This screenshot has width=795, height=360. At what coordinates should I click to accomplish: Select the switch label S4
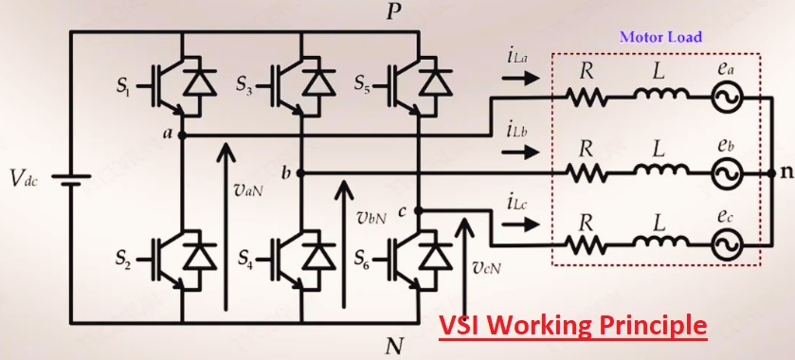tap(244, 257)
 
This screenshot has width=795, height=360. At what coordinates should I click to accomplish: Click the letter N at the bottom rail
tap(395, 347)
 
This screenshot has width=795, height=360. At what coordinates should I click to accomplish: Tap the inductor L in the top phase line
tap(656, 95)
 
